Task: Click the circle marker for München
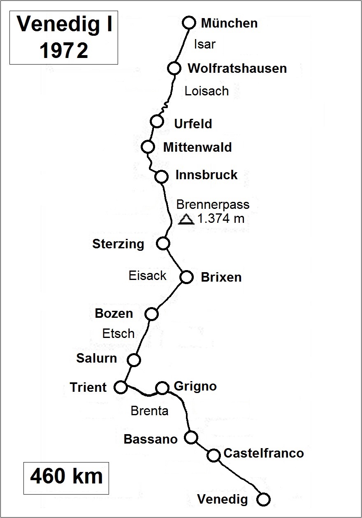click(x=189, y=23)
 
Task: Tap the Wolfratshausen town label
click(x=237, y=68)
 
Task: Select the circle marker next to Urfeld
click(x=156, y=121)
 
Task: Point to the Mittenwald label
click(x=197, y=147)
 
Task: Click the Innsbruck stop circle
click(x=162, y=176)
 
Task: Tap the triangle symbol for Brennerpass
click(x=186, y=220)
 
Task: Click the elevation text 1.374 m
click(x=220, y=219)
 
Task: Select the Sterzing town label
click(x=118, y=244)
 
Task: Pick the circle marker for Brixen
click(x=187, y=277)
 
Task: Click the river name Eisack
click(x=147, y=275)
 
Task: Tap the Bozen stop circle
click(x=151, y=314)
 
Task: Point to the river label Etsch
click(x=118, y=333)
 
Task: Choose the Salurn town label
click(x=97, y=358)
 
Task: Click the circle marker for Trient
click(x=121, y=387)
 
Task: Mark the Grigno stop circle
click(x=162, y=388)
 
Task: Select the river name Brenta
click(x=149, y=410)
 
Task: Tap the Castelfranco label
click(x=263, y=453)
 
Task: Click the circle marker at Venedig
click(x=263, y=499)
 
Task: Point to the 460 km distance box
click(x=66, y=477)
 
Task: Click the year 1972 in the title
click(x=64, y=51)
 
